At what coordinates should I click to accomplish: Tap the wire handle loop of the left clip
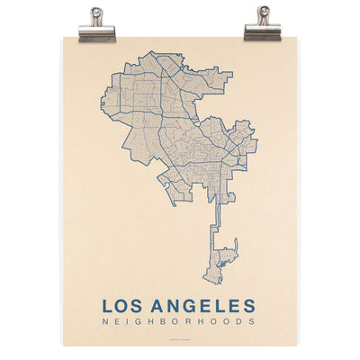click(97, 13)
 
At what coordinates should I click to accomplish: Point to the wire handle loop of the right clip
click(263, 13)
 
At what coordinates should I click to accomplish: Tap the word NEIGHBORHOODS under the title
click(179, 323)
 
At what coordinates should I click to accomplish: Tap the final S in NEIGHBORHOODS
click(253, 323)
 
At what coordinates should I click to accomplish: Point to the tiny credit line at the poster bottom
click(180, 339)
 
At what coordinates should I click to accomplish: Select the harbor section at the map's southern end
click(223, 261)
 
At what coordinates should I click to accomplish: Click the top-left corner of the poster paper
click(64, 36)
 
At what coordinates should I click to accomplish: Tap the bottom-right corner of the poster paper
click(297, 346)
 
